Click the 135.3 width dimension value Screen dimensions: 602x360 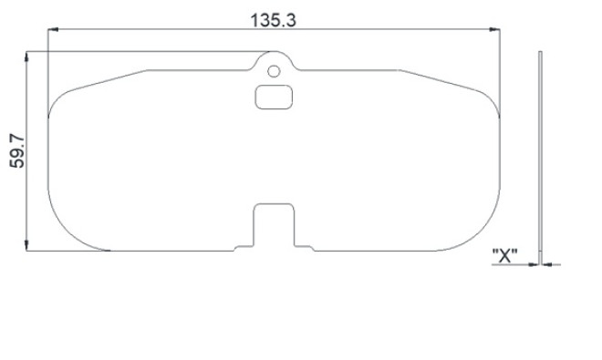coord(273,20)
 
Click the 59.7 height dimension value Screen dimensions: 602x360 coord(17,151)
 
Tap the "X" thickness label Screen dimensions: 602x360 coord(505,255)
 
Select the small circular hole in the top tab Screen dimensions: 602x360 coord(274,71)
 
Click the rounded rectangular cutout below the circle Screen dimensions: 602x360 coord(274,98)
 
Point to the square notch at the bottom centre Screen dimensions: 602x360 coord(274,224)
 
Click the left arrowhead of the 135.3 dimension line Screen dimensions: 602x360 coord(53,29)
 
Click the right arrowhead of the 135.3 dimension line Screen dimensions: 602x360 coord(495,29)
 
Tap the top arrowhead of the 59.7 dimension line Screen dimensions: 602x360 coord(26,57)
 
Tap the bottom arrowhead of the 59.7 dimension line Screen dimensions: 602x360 coord(26,246)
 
